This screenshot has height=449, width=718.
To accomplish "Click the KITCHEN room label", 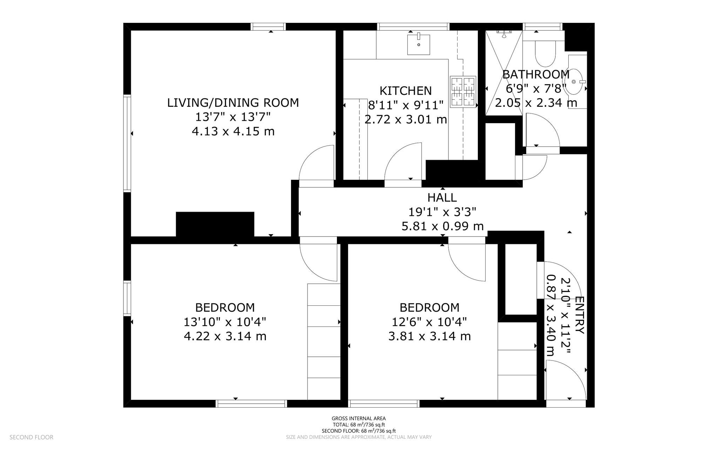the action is coord(406,91).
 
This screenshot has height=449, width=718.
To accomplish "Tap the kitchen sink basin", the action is coord(419,45).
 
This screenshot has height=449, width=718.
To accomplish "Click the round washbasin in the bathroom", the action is coord(575,82).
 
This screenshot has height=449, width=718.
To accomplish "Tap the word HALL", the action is coord(442,198).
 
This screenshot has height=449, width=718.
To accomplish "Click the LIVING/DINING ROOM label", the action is coord(233,103).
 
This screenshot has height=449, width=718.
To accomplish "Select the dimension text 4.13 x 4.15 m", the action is coord(233,132).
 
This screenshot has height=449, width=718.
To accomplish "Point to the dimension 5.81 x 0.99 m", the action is coord(442,226).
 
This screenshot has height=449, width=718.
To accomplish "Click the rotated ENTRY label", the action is coord(580,315).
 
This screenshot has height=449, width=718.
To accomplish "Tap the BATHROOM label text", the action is coord(536,74).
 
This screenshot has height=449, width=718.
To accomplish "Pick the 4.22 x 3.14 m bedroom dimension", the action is coord(225,336).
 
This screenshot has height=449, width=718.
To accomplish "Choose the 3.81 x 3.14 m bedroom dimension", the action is coord(429,336).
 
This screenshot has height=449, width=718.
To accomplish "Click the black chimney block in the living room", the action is coord(215,225).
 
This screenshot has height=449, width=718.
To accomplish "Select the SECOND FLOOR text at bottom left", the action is coord(32,437).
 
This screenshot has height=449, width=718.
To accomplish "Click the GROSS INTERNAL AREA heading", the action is coord(359,418).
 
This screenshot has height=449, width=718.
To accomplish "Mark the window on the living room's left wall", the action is coord(127,143).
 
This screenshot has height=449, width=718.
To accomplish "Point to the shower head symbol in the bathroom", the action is coord(504,34).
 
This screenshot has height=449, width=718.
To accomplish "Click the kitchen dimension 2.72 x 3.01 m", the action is coord(406,120).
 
